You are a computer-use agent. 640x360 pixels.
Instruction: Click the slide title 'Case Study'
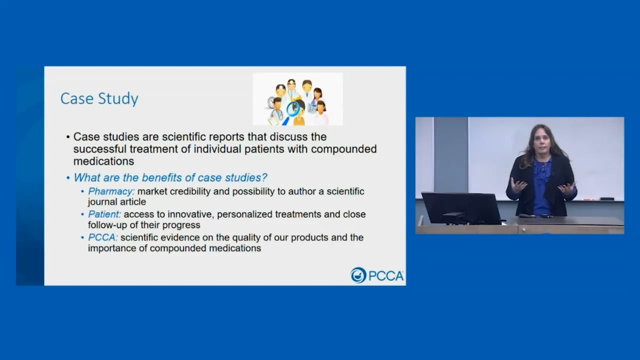click(x=99, y=98)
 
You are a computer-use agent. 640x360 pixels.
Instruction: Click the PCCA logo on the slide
click(x=377, y=275)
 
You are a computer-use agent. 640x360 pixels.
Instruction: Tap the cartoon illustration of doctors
click(x=298, y=99)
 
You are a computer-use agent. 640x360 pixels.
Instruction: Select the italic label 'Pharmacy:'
click(x=111, y=191)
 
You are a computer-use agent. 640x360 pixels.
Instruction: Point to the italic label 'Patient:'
click(x=104, y=214)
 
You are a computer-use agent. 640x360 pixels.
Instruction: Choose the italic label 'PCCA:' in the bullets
click(x=103, y=237)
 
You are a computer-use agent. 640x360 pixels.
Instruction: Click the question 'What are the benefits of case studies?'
click(x=170, y=177)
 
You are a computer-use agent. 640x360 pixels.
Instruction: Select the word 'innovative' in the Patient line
click(x=188, y=214)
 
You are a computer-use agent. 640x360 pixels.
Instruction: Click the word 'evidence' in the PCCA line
click(x=183, y=237)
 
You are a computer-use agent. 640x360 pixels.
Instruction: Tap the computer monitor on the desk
click(x=461, y=208)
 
